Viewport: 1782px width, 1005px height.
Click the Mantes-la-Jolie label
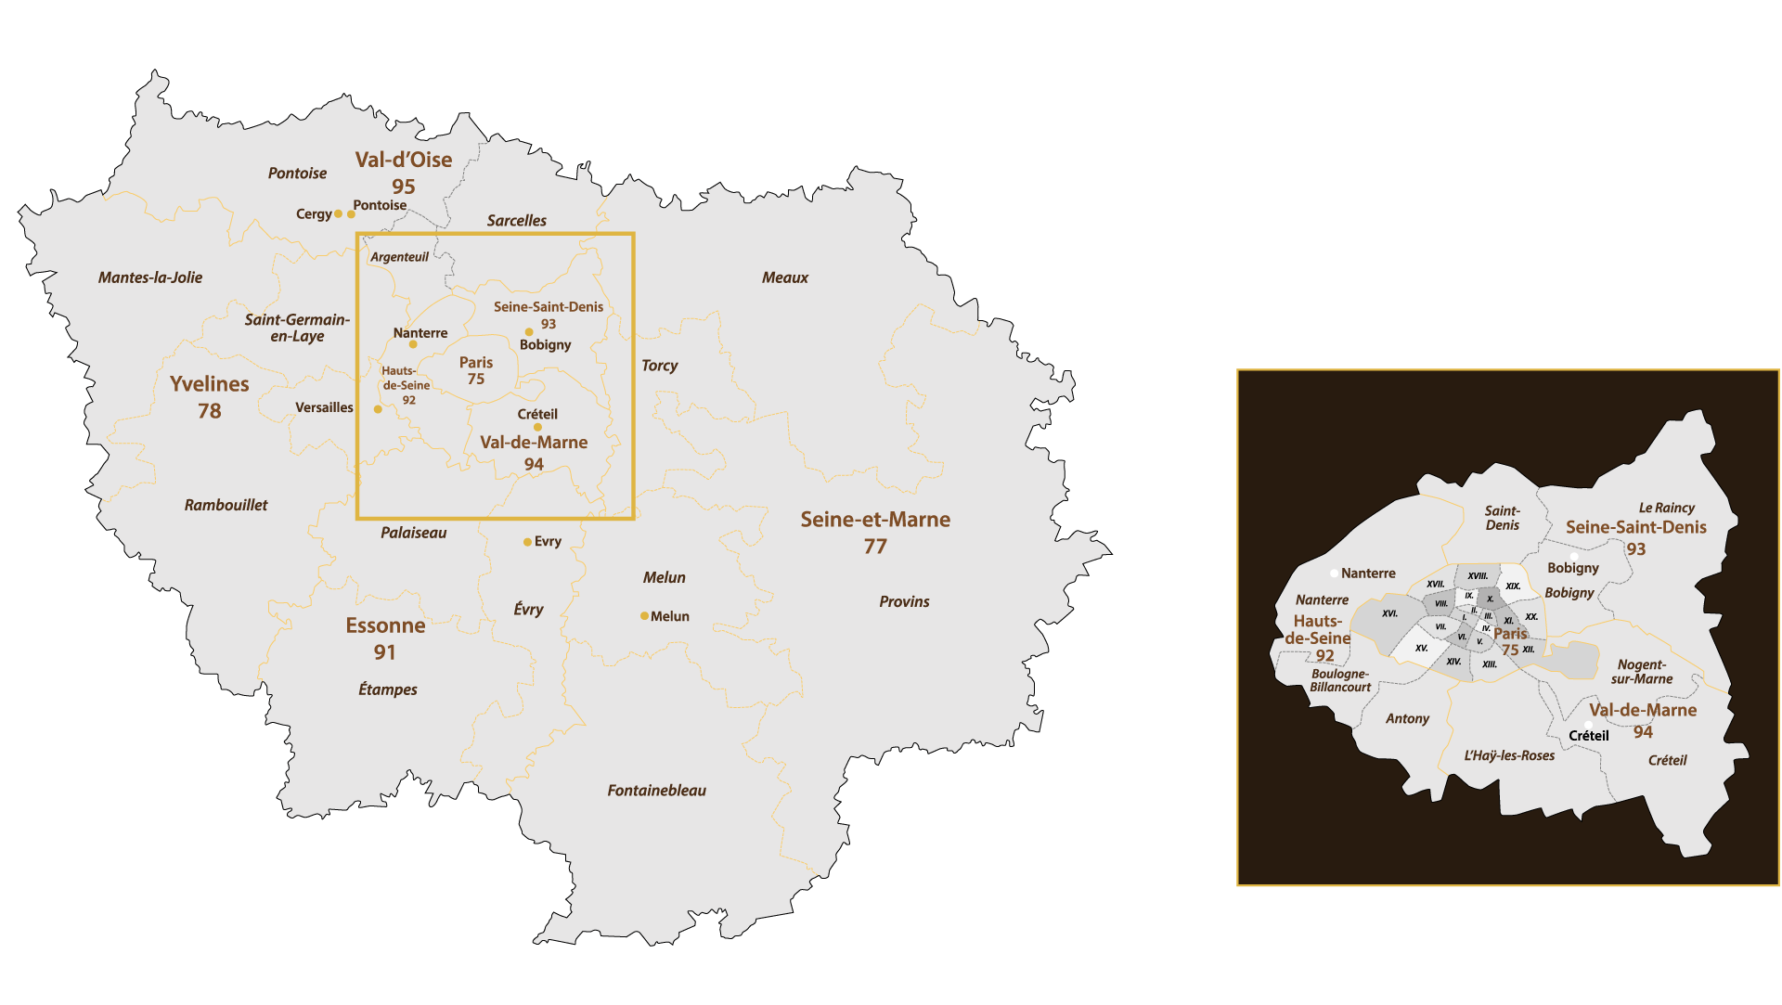point(150,277)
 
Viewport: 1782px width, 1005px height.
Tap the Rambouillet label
point(226,505)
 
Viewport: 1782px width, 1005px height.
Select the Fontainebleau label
point(656,791)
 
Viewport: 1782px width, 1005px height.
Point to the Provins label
point(904,601)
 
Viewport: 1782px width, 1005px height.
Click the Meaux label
point(784,277)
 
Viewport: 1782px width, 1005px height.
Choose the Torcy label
point(659,366)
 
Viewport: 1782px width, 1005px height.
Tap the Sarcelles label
point(516,221)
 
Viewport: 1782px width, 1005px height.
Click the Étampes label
point(387,689)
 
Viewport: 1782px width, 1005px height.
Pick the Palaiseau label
point(413,533)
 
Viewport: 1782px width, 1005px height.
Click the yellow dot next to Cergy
point(338,213)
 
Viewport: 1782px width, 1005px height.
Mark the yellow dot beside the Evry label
point(527,542)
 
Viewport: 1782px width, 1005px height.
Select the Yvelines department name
point(210,384)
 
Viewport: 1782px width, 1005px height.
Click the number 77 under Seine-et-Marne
point(875,547)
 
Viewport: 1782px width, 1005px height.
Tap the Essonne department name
point(385,625)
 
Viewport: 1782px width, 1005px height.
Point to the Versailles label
point(324,407)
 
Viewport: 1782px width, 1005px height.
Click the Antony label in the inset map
point(1407,718)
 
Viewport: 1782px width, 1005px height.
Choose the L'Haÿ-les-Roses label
point(1509,755)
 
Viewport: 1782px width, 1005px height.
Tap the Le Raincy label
point(1666,508)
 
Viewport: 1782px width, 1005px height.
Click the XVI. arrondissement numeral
point(1389,613)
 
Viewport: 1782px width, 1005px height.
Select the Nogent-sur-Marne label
point(1642,672)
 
